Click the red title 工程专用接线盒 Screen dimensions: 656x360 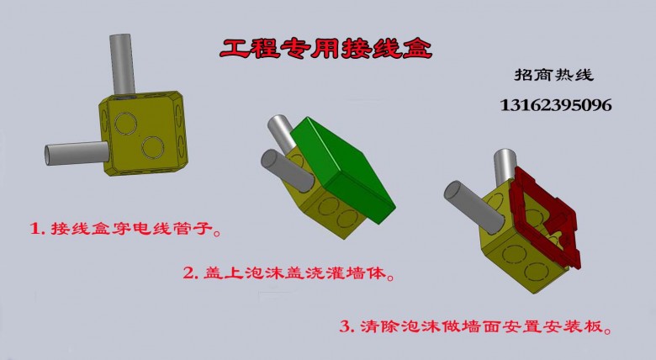coord(325,49)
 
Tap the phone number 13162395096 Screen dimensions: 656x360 coord(556,105)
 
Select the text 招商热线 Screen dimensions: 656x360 coord(554,75)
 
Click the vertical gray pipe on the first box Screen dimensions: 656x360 coord(122,64)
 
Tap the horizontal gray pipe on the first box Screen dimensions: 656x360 coord(77,153)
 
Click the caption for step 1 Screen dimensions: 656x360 coord(125,229)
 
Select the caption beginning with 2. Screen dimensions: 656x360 coord(289,273)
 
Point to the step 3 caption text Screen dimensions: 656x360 coord(475,326)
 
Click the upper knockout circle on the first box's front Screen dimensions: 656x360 coord(125,124)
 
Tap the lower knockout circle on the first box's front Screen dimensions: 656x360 coord(153,147)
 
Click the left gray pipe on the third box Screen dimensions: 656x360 coord(473,207)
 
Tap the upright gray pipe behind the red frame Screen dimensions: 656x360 coord(505,167)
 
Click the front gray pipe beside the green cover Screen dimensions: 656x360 coord(287,171)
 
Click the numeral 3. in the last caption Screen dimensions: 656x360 coord(347,326)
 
